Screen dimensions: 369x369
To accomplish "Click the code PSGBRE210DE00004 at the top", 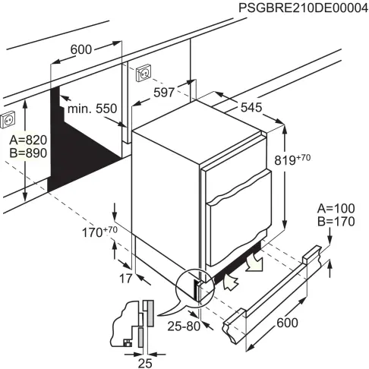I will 303,8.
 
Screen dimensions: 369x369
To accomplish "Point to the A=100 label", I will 336,209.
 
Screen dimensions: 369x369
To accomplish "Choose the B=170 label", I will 336,222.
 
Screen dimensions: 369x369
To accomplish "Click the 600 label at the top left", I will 80,49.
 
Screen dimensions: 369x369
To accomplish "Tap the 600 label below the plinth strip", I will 287,323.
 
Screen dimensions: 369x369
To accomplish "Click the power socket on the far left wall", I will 10,118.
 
